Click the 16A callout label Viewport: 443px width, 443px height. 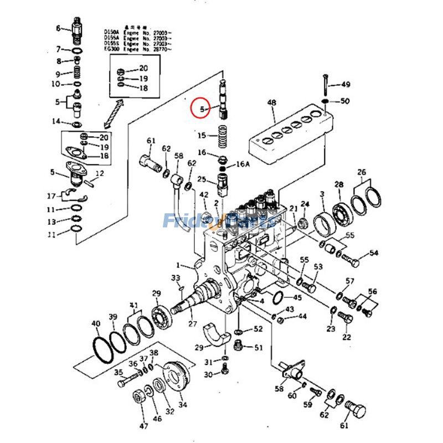(244, 164)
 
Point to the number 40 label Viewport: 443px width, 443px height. (96, 323)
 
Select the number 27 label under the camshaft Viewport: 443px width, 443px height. (193, 324)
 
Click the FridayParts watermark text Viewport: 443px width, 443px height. (219, 221)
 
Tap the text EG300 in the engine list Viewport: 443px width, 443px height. (111, 49)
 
